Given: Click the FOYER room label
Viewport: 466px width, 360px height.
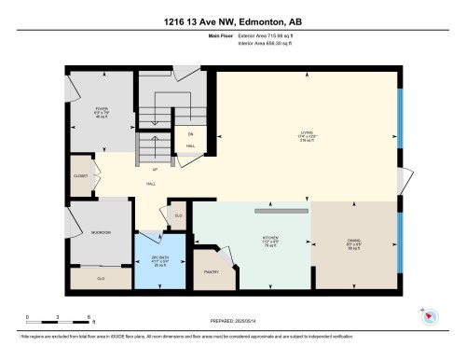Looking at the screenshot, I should (102, 109).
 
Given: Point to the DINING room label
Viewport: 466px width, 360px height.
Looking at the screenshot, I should (354, 241).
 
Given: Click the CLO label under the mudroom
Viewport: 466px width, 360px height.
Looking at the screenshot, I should (101, 278).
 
